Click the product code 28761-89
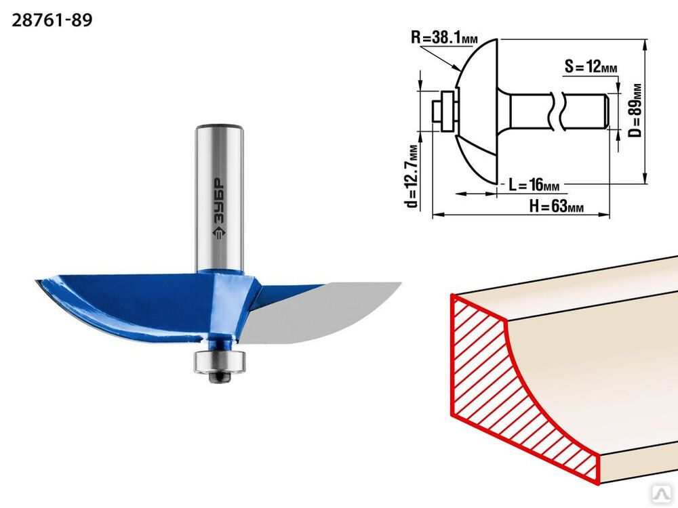click(x=52, y=20)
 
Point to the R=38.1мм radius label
click(x=444, y=37)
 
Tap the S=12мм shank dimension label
click(x=591, y=67)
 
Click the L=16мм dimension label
click(x=534, y=185)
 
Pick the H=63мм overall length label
click(x=557, y=207)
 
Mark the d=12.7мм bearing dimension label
click(x=412, y=175)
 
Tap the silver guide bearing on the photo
click(x=220, y=361)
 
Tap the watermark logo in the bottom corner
click(x=666, y=497)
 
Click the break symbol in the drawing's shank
click(x=556, y=111)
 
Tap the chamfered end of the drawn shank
click(x=607, y=111)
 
